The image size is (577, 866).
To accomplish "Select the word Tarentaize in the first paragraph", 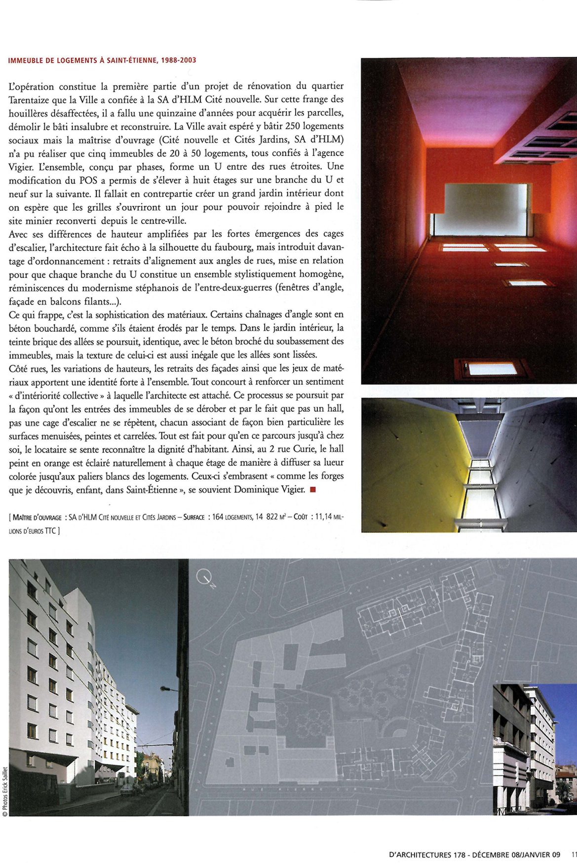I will (32, 99).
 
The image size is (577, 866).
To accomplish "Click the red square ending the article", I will (312, 490).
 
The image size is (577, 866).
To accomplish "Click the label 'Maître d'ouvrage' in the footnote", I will (37, 517).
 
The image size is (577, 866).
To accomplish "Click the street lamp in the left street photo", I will (166, 689).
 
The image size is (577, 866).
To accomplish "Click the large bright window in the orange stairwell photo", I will (482, 209).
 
